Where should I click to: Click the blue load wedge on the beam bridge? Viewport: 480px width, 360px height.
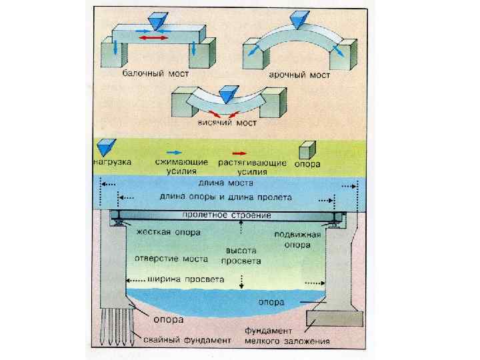[x=155, y=21]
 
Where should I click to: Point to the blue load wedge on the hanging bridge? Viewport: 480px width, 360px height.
[x=229, y=93]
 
